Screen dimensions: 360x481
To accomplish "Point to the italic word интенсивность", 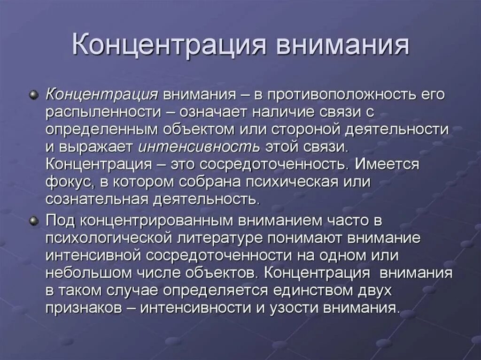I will pos(199,146).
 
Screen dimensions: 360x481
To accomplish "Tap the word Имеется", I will pos(388,164).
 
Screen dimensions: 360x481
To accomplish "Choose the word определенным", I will pos(100,129).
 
